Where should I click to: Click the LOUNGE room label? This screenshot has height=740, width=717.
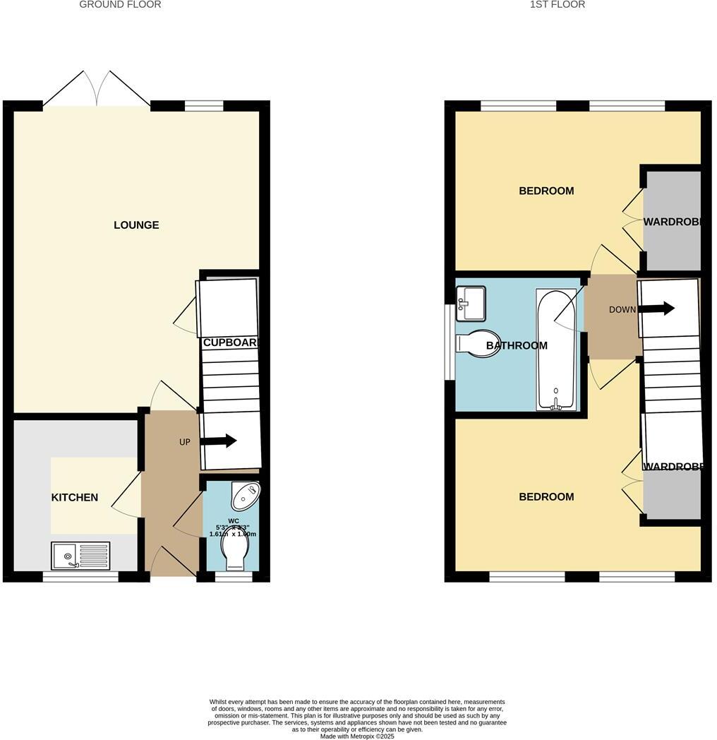136,225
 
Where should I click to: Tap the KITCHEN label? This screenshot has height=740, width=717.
75,497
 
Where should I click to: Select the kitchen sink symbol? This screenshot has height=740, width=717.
80,556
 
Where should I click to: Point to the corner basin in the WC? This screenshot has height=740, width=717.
245,496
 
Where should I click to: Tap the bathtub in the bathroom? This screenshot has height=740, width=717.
557,350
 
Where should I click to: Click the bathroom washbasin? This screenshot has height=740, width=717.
471,303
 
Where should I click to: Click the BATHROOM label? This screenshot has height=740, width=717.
517,346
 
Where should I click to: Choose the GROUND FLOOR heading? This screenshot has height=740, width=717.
120,4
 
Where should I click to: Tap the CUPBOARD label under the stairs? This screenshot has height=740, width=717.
231,342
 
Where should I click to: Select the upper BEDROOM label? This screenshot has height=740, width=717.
546,191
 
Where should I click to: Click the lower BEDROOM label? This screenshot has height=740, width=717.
546,497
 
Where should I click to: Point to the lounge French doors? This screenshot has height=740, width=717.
97,90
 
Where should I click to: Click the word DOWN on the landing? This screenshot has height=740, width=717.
623,309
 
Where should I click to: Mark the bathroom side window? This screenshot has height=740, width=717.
448,342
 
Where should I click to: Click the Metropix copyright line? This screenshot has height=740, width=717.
358,736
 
